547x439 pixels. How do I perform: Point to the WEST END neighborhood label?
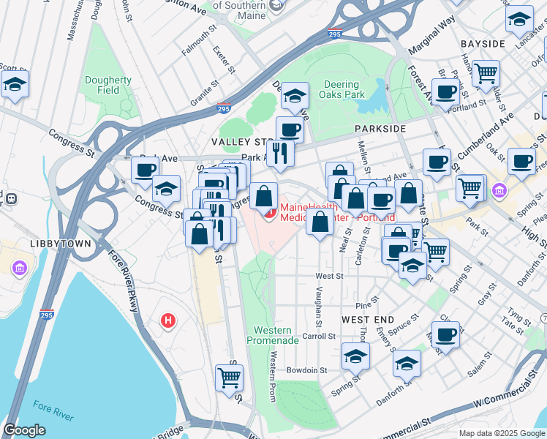point(368,320)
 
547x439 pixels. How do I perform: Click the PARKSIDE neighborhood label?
point(380,128)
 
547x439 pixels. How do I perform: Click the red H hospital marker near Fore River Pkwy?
point(169,320)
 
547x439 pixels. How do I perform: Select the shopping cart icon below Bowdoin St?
point(229,378)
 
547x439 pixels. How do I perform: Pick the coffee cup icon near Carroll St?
point(445,335)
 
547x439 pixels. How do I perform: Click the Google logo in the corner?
point(24,430)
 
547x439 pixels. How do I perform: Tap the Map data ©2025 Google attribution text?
point(502,433)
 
